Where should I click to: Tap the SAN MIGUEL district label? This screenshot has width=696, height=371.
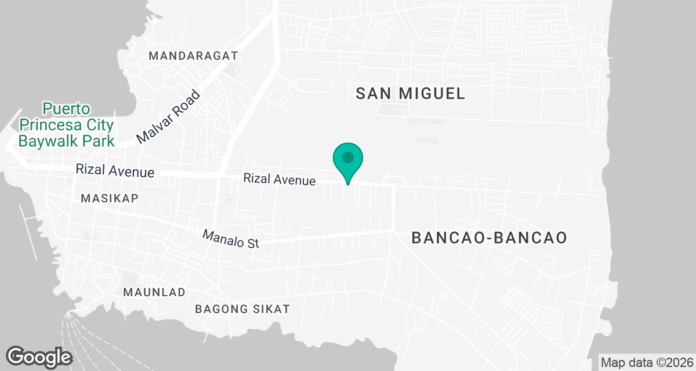411,93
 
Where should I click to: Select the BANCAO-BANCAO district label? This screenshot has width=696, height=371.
488,238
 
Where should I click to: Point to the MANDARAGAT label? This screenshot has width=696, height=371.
194,56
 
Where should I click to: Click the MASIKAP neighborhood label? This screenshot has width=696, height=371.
110,198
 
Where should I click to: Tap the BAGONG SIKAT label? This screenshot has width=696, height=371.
242,309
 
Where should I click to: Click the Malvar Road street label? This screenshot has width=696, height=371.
168,118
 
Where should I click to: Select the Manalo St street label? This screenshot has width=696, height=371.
230,239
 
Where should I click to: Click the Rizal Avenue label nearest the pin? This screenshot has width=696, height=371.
280,180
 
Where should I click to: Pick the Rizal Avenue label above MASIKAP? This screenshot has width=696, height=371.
115,171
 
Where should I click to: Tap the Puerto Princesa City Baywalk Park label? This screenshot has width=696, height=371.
67,125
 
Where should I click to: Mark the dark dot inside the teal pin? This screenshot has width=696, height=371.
348,157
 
